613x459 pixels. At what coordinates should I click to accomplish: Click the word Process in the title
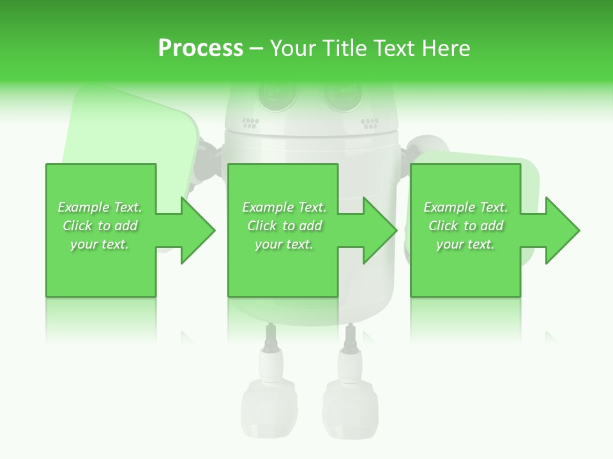point(201,48)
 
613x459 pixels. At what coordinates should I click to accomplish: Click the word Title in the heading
point(344,48)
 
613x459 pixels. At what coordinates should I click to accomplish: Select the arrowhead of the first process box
point(198,230)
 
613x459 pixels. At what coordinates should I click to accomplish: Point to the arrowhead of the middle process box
point(380,230)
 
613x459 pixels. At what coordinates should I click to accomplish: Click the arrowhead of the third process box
point(563,230)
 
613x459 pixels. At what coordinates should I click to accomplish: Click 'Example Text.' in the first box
point(100,207)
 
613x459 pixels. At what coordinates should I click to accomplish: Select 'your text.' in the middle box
point(284,244)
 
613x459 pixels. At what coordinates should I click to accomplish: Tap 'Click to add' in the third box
point(465,226)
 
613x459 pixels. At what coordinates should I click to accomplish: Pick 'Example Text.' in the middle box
point(284,207)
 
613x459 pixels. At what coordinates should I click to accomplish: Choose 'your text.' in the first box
point(100,244)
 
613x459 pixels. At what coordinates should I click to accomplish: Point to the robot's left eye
point(277,93)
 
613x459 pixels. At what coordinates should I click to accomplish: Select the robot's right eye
point(343,93)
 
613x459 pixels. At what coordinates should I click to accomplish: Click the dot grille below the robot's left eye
point(250,122)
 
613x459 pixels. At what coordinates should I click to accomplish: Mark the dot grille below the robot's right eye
point(370,122)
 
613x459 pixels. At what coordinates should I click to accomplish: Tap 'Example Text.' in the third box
point(465,207)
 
